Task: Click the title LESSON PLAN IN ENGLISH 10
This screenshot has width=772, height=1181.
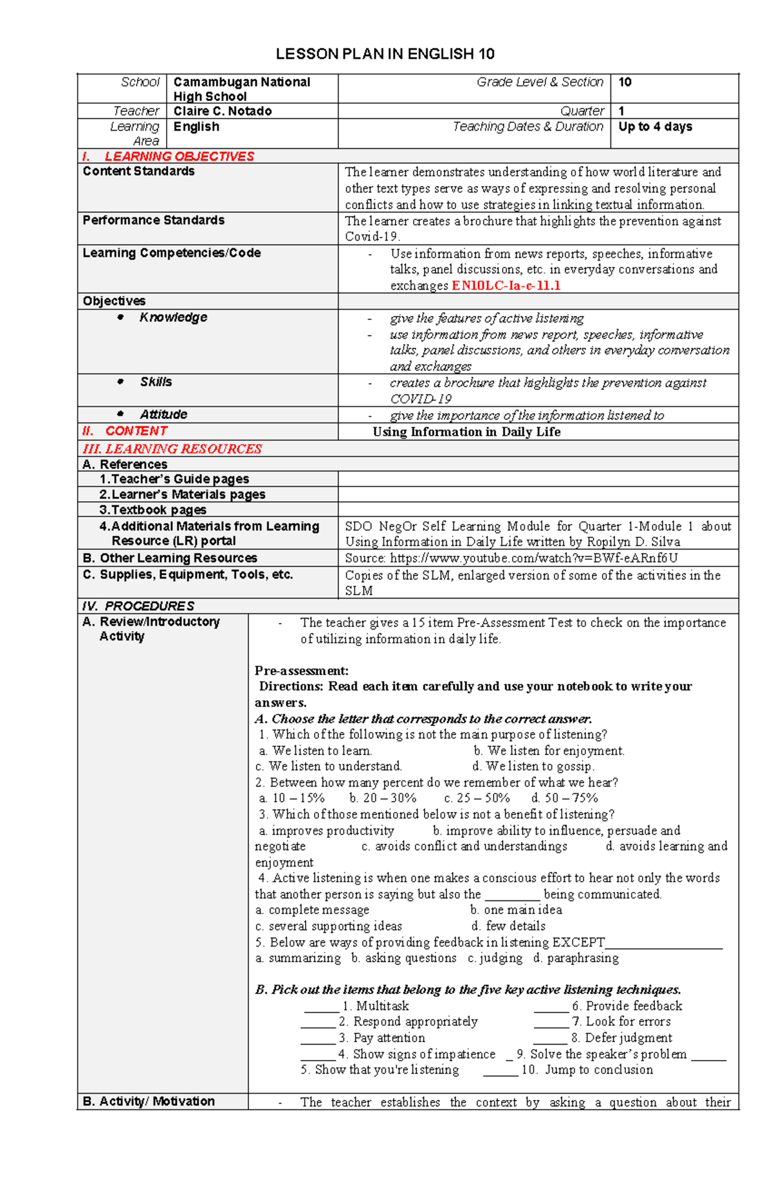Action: pos(385,54)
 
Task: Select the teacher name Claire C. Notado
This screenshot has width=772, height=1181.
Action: pos(223,111)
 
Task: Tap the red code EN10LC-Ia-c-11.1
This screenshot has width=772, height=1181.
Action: pos(506,286)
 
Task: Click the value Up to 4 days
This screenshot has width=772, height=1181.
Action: pos(655,127)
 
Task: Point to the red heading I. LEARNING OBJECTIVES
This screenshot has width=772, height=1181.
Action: pos(169,156)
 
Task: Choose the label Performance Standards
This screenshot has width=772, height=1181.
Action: pos(153,220)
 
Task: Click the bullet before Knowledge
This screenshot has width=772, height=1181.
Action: pos(120,317)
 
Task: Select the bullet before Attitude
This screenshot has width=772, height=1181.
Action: pos(120,414)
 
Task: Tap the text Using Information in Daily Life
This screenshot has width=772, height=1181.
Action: pos(466,432)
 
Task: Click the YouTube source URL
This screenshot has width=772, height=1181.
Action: pos(533,558)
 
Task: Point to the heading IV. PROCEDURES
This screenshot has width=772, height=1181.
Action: pos(138,606)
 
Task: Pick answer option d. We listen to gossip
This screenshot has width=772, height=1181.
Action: pos(533,767)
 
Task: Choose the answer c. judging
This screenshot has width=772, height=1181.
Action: pos(495,958)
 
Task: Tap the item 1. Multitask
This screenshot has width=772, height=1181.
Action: pos(375,1006)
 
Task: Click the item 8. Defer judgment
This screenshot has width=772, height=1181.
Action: pos(621,1038)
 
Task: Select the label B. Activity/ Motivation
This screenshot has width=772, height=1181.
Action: pos(149,1101)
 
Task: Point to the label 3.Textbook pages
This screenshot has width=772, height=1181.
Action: pos(152,510)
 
